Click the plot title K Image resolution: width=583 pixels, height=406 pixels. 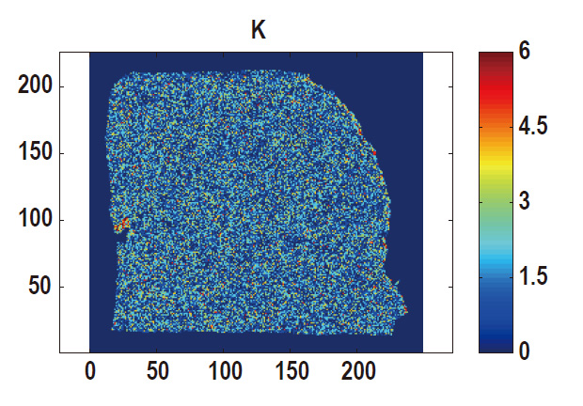point(258,31)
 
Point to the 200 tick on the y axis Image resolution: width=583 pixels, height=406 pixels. point(35,86)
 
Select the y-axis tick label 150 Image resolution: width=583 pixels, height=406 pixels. point(35,153)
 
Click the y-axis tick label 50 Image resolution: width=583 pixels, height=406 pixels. point(40,287)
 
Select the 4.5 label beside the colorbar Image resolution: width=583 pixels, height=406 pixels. point(533,126)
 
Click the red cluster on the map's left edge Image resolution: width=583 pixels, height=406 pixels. point(122,225)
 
